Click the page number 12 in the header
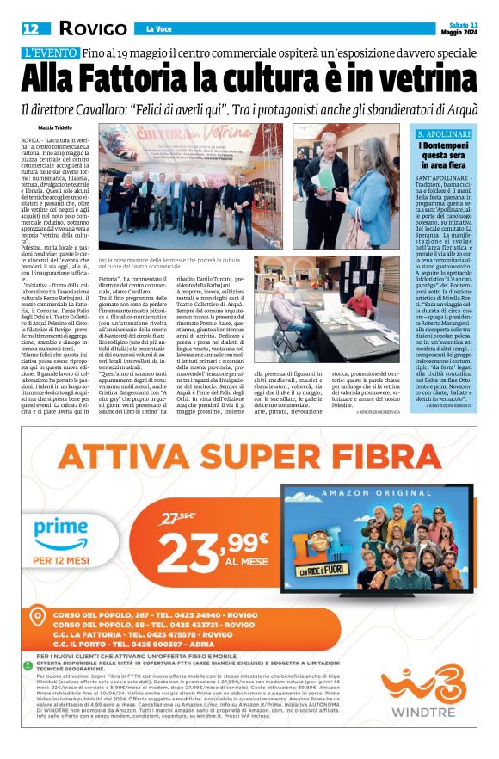point(30,28)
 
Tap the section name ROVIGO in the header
point(79,28)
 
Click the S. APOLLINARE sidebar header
point(444,134)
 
